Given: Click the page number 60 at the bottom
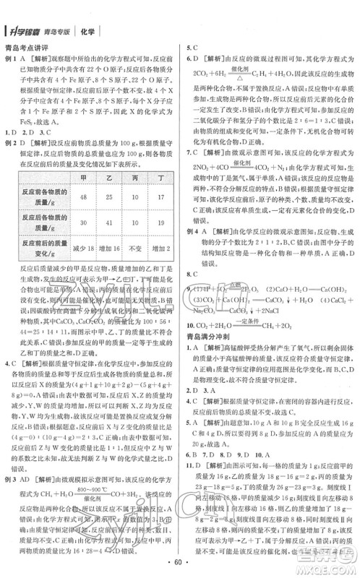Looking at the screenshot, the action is pyautogui.click(x=180, y=561).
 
